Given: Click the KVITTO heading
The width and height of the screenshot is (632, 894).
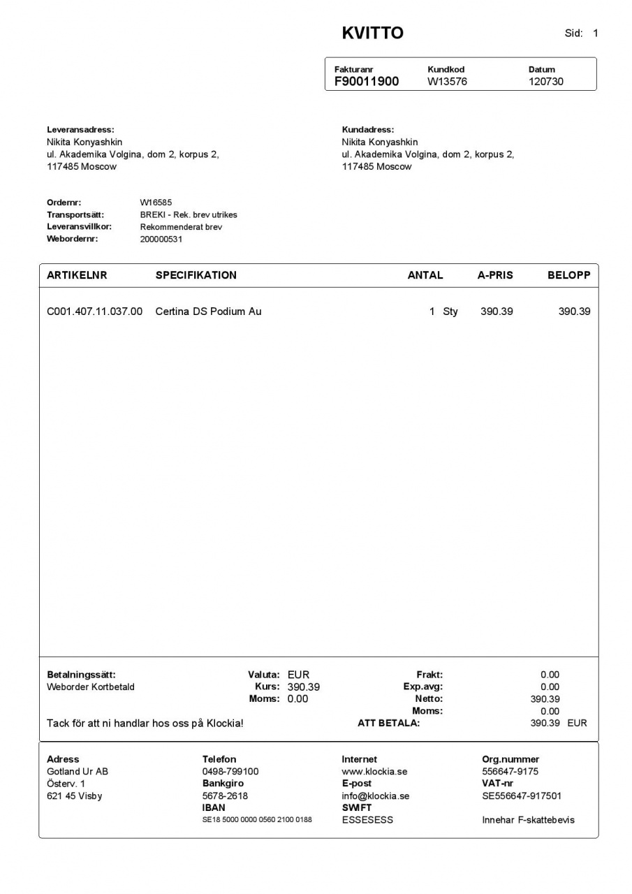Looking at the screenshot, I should click(372, 33).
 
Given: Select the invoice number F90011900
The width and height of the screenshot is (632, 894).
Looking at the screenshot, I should click(367, 81).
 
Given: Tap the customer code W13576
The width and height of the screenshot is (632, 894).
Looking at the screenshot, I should click(447, 81).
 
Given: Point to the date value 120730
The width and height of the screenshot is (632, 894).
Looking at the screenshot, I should click(545, 81).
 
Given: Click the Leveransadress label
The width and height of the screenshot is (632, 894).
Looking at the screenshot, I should click(80, 129).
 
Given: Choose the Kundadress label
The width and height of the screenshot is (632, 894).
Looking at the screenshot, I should click(368, 129).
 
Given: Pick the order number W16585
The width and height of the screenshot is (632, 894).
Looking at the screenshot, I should click(156, 203).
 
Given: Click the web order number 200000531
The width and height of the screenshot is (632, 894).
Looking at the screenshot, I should click(161, 239).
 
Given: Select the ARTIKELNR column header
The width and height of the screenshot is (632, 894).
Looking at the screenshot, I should click(77, 275).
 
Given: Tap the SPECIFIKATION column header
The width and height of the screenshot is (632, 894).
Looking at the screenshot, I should click(196, 275).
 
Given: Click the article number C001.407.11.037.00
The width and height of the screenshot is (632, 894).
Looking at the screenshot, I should click(94, 312).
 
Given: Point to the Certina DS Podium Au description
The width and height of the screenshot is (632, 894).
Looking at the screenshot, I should click(208, 312).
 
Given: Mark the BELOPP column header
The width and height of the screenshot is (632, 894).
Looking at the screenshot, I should click(568, 275).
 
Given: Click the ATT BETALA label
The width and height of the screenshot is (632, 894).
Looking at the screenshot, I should click(388, 723).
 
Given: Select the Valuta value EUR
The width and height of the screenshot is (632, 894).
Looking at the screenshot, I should click(298, 675).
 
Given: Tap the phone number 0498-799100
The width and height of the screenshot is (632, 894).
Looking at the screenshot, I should click(230, 772).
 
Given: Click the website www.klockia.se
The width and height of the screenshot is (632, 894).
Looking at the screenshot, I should click(374, 772).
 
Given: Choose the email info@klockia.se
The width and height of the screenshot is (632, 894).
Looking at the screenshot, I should click(376, 796).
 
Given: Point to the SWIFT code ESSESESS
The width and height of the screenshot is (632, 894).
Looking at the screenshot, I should click(367, 820).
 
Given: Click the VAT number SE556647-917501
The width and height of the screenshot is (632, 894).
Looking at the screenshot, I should click(522, 796).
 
